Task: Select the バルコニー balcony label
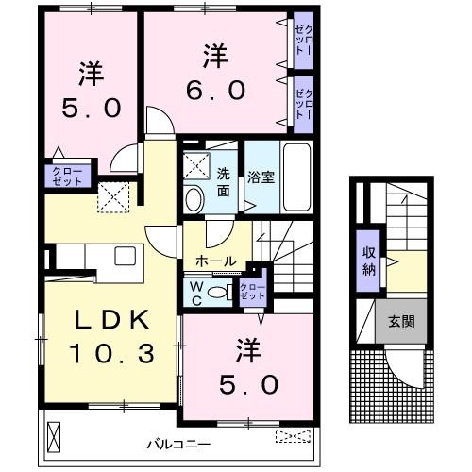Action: [177, 442]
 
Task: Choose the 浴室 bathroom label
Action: [260, 176]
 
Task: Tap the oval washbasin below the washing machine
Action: [194, 198]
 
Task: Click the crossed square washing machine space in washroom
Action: [196, 165]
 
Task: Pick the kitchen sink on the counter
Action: [126, 256]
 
